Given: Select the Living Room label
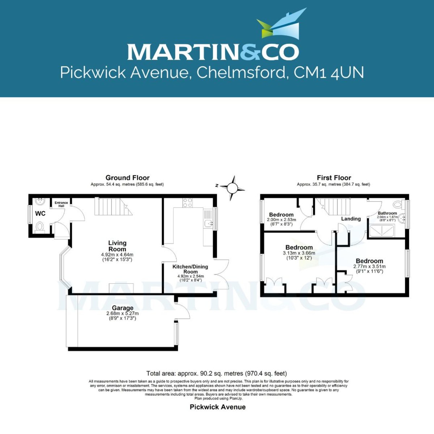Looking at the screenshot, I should pos(117,246).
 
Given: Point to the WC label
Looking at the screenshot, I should pos(40,214).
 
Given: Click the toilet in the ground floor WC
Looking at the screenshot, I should pos(40,227).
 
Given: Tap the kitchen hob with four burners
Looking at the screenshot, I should pos(187,203).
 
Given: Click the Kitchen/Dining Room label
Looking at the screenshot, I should pos(190,269).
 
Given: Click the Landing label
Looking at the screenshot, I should pos(351,219).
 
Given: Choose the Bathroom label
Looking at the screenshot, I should pos(387,213).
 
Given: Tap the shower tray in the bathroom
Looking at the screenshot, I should pos(382,231).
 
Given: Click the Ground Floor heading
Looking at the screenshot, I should pos(127,178).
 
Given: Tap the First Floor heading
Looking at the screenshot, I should pos(334,178).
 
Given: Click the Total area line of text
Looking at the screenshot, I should pos(216,373).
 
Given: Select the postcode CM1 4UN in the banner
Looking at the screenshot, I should pos(328,73).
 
